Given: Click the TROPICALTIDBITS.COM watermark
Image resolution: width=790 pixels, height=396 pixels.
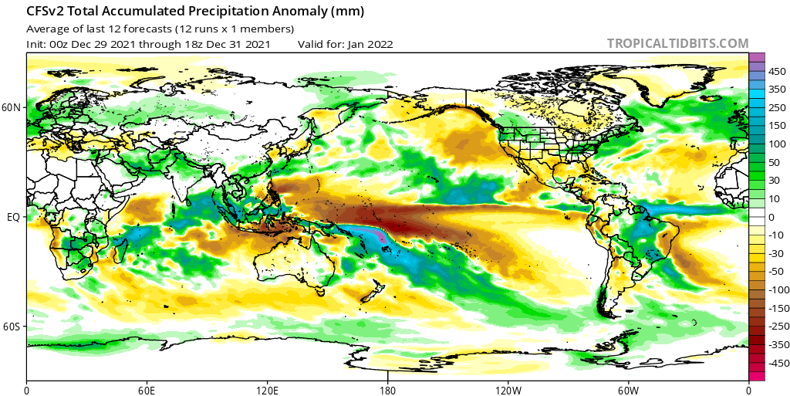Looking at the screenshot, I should (x=677, y=44).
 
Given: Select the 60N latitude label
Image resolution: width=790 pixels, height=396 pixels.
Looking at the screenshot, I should (x=12, y=108).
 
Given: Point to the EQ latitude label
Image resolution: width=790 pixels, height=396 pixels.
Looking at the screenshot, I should (x=13, y=218).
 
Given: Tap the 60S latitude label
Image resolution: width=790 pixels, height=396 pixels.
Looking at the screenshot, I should (x=12, y=327).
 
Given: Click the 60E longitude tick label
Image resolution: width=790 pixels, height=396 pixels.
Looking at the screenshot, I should (x=147, y=389).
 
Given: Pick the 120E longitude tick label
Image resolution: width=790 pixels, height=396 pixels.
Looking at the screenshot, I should (x=267, y=389).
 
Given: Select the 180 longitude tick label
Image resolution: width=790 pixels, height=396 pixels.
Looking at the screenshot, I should (x=387, y=389).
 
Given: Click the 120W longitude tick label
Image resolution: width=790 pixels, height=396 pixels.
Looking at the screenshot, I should (x=508, y=389).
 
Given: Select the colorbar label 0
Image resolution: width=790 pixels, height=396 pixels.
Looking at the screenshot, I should (x=771, y=217).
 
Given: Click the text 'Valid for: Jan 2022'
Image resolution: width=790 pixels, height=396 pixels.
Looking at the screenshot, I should (x=345, y=44).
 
